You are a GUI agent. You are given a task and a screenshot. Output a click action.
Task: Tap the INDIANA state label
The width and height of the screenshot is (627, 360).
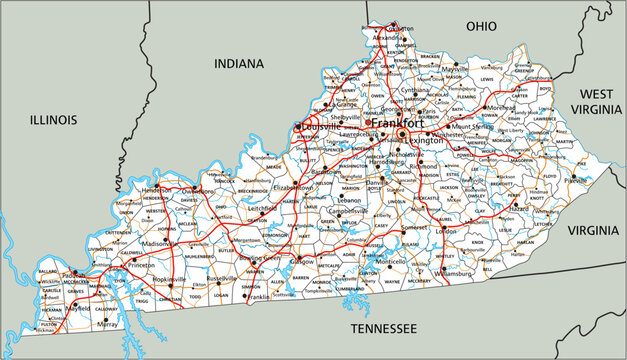coord(240,63)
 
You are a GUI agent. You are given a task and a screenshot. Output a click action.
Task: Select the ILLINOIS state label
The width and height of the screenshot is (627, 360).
coord(53,120)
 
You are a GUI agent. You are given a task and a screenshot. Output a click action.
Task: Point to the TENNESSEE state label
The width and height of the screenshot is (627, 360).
coord(381,328)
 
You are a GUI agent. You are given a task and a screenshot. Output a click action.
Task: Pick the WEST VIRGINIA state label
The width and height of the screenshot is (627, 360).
coord(598,101)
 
